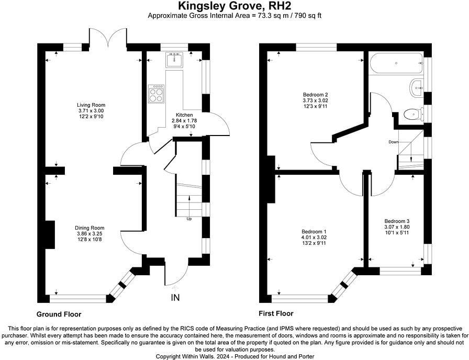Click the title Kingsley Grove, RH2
[x=234, y=6]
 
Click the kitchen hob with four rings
[x=156, y=94]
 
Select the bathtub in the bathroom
[x=396, y=64]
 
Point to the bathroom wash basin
[x=417, y=86]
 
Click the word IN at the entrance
[x=175, y=298]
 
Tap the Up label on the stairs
[x=189, y=219]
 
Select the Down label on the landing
[x=393, y=142]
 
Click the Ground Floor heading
[x=59, y=314]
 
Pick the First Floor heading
[x=276, y=314]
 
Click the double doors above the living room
[x=108, y=39]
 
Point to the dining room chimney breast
[x=50, y=234]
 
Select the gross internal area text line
[x=234, y=15]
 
